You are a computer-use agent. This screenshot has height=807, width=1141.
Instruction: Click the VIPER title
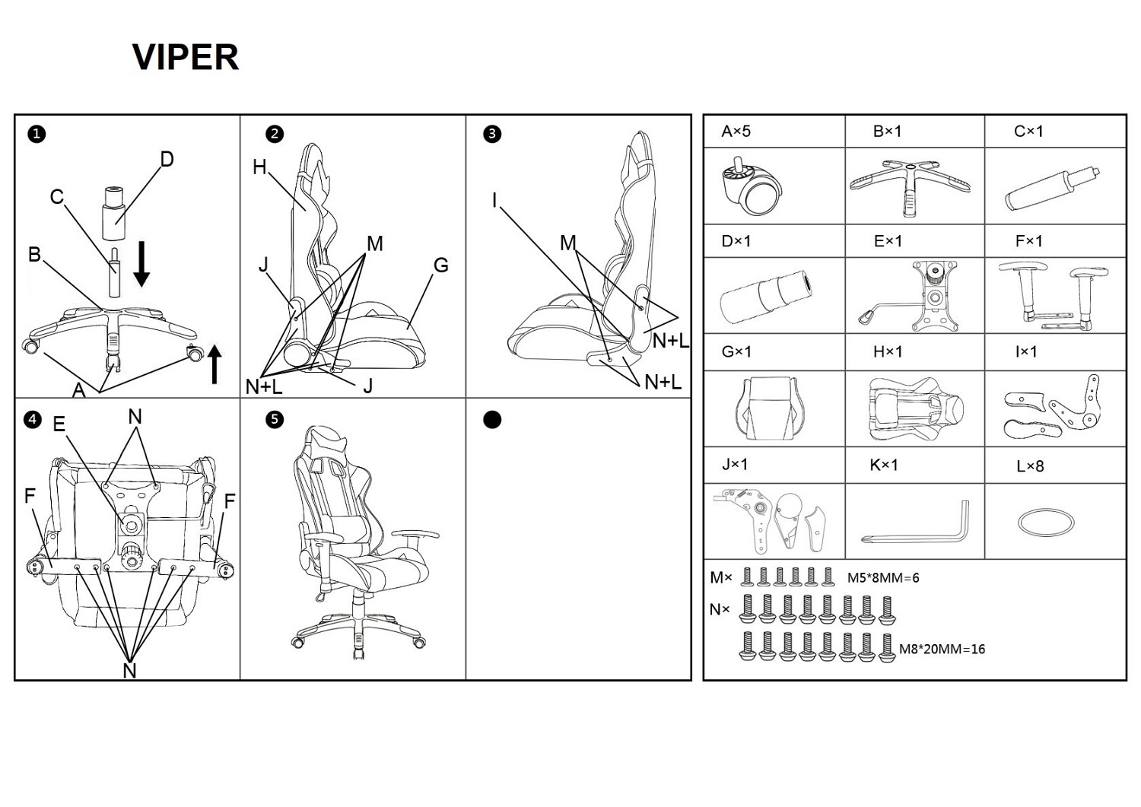point(186,56)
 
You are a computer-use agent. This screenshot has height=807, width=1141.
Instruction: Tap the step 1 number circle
point(37,134)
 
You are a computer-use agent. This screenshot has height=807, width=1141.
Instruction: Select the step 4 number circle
point(33,420)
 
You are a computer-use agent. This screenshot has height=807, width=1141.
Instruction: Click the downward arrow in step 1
point(141,264)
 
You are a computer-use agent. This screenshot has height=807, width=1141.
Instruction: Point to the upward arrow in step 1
point(215,364)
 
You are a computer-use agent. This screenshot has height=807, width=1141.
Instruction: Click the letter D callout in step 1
point(167,160)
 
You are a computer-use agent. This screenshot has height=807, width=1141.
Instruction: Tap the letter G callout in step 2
point(440,265)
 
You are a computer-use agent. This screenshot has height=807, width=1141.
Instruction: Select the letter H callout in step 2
point(260,167)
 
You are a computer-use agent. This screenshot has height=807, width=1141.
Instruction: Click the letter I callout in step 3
point(494,200)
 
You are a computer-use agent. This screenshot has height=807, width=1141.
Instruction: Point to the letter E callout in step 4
point(59,424)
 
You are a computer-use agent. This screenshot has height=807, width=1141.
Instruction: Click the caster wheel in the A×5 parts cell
point(752,186)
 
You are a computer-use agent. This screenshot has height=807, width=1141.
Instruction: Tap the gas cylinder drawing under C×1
point(1052,188)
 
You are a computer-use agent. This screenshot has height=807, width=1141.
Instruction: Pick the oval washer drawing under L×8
point(1046,523)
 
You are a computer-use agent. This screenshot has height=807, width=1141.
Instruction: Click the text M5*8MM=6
point(883,578)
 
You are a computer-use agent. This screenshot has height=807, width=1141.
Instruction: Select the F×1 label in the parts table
point(1029,241)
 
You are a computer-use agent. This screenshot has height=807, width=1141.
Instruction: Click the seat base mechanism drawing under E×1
point(912,295)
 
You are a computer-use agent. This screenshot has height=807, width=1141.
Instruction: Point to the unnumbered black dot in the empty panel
point(492,420)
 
